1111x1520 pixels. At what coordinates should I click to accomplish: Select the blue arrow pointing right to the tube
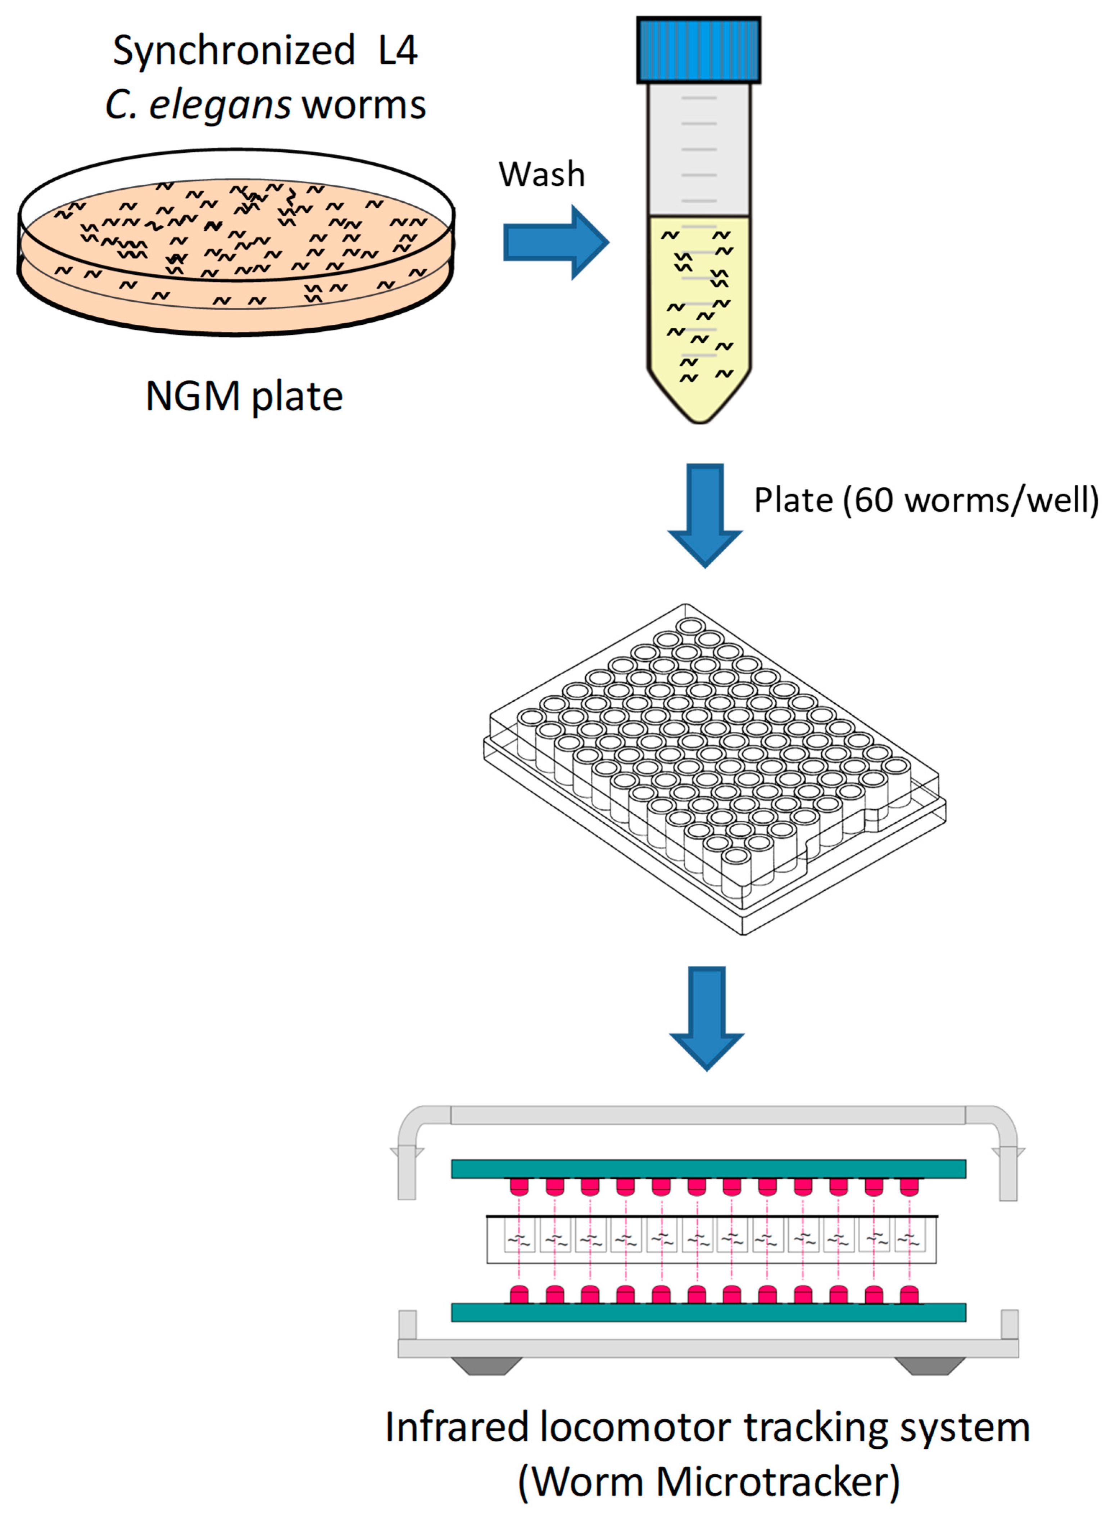tap(555, 242)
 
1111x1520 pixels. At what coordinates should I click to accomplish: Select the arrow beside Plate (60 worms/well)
tap(705, 515)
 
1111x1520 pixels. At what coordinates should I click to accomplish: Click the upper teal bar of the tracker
tap(708, 1169)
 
